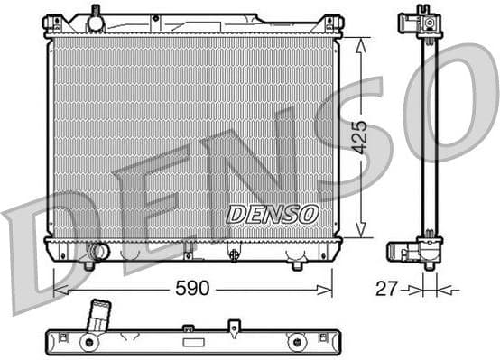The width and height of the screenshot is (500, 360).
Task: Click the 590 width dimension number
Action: click(x=191, y=289)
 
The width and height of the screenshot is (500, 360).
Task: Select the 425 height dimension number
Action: click(x=359, y=136)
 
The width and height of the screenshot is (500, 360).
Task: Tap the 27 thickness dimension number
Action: click(x=385, y=289)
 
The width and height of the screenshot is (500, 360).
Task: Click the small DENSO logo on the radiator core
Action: click(x=272, y=214)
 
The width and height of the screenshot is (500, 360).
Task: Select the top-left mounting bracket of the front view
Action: click(x=53, y=24)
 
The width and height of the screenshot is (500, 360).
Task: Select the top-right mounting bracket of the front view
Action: click(x=333, y=24)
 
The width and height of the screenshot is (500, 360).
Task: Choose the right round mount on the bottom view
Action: click(x=295, y=342)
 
